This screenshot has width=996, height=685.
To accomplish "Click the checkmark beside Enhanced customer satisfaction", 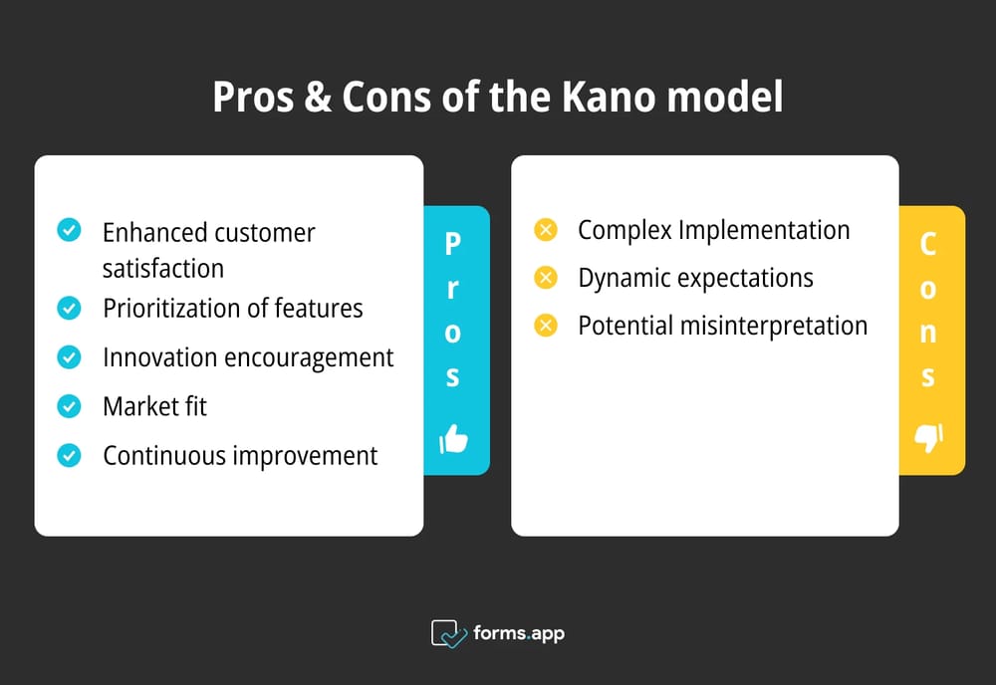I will pos(69,231).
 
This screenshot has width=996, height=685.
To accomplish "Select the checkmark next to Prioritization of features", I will pos(69,309).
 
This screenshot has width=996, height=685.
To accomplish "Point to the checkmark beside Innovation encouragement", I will pos(69,357).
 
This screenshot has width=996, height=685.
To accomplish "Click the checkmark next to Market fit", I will pos(69,406).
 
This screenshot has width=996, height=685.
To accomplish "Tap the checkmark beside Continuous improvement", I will pos(69,455).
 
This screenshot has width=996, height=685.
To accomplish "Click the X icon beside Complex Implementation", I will pos(545,230).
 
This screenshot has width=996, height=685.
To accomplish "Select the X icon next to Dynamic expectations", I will pos(545,278).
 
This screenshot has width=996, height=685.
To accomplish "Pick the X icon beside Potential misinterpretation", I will pos(545,326).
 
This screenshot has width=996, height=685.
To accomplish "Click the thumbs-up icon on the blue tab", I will pos(453,438).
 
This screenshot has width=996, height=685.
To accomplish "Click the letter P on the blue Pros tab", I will pos(453,244).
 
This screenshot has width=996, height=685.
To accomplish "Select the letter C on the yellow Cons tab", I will pos(928,244).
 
